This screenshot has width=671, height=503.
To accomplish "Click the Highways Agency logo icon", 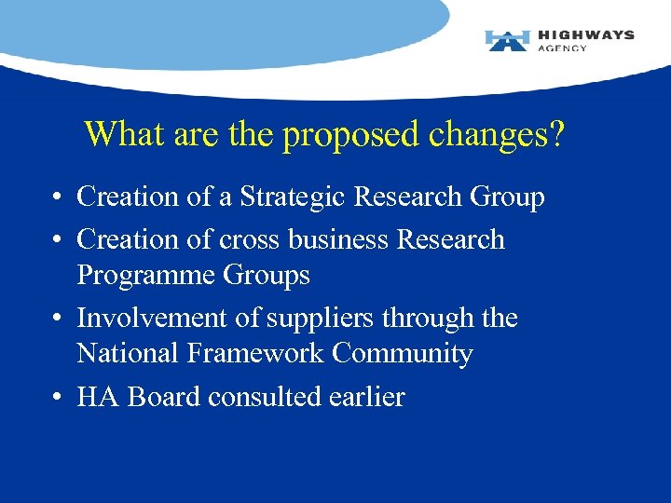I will click(x=507, y=40).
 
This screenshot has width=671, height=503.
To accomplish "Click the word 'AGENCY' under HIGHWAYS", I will click(x=562, y=48).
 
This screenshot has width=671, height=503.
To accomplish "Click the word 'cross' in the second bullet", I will click(x=250, y=239).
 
